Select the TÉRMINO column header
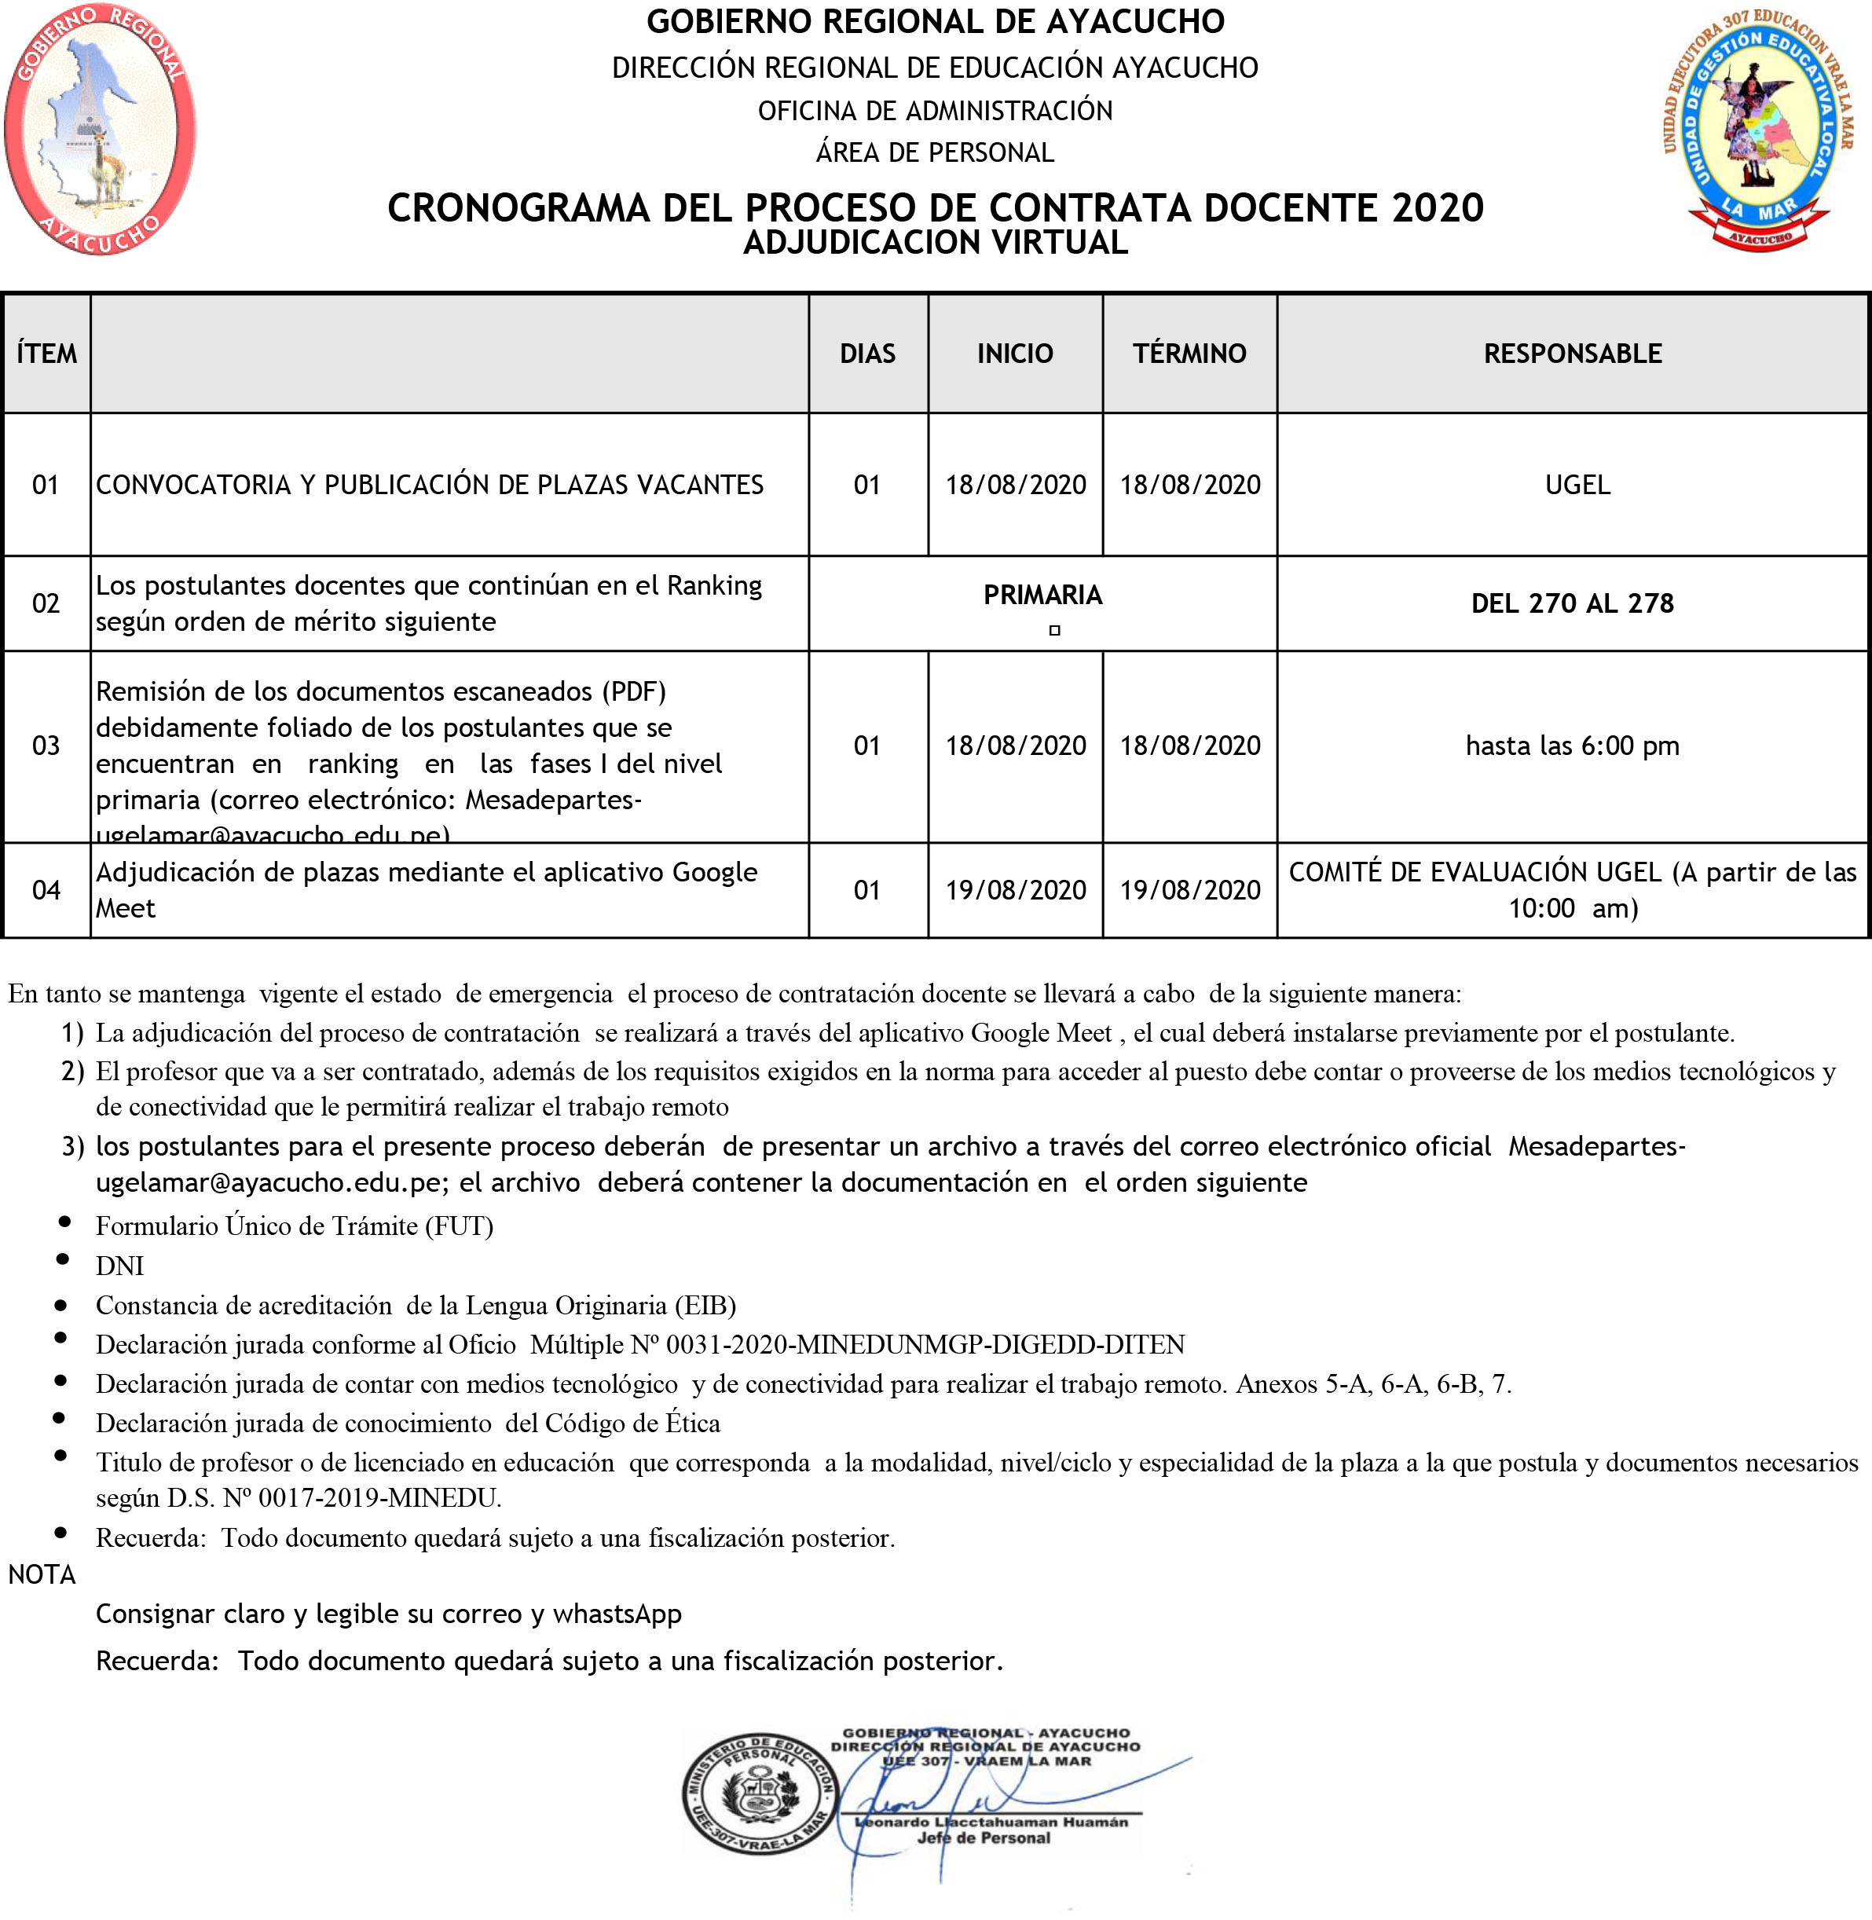click(x=1189, y=354)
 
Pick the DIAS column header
click(x=867, y=354)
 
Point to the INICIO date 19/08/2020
click(x=1016, y=891)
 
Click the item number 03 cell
click(x=46, y=746)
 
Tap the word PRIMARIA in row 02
click(x=1042, y=595)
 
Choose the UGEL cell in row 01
click(x=1577, y=485)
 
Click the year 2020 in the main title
click(x=1437, y=208)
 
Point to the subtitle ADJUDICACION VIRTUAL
click(x=935, y=243)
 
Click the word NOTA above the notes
click(x=42, y=1575)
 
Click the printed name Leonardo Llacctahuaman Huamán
click(x=991, y=1822)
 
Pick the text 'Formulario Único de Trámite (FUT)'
click(x=294, y=1227)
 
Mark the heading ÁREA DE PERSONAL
click(x=935, y=153)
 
